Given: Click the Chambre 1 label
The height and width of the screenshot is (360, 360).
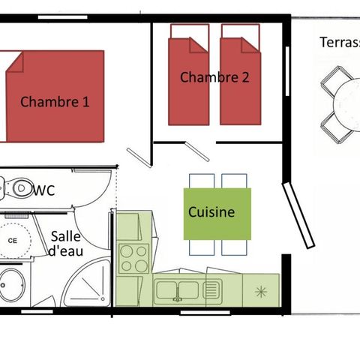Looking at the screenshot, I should click(55, 101).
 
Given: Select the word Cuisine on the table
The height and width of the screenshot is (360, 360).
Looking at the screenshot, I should click(211, 212).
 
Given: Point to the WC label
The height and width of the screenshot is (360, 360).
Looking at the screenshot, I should click(44, 190).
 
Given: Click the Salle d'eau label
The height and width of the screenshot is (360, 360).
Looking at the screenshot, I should click(66, 243).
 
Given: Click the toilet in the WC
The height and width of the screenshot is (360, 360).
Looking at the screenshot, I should click(10, 187).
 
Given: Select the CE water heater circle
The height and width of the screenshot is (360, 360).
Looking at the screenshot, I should click(13, 240).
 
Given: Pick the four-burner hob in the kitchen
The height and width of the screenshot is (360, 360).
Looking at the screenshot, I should click(135, 259).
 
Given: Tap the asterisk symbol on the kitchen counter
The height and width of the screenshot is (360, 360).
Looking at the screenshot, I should click(261, 289).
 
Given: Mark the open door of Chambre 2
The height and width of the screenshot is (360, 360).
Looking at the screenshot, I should click(199, 149).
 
